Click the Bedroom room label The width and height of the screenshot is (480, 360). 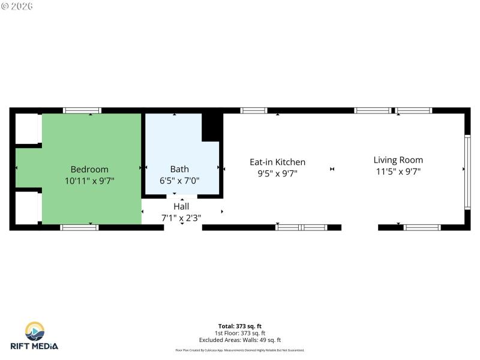[x=89, y=169]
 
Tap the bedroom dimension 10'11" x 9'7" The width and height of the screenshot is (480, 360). [x=89, y=180]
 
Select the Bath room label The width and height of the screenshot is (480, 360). [x=179, y=169]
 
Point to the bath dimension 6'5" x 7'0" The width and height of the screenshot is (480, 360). [x=179, y=180]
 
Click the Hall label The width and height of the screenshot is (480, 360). [x=181, y=206]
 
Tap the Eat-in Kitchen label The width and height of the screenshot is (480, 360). [x=277, y=162]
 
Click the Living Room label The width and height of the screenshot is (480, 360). [x=398, y=160]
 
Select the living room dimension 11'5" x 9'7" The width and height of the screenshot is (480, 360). [x=398, y=171]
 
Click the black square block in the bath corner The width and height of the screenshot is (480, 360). [x=212, y=127]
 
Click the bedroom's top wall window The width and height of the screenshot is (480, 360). [x=82, y=110]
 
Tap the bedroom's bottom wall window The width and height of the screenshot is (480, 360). [x=79, y=227]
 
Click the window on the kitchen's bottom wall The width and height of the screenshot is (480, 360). [x=301, y=227]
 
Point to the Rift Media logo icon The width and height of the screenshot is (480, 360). [x=35, y=331]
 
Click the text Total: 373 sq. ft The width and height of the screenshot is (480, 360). [x=239, y=326]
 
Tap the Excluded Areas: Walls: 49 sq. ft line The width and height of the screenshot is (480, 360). [x=239, y=340]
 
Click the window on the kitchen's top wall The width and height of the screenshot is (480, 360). [x=253, y=110]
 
